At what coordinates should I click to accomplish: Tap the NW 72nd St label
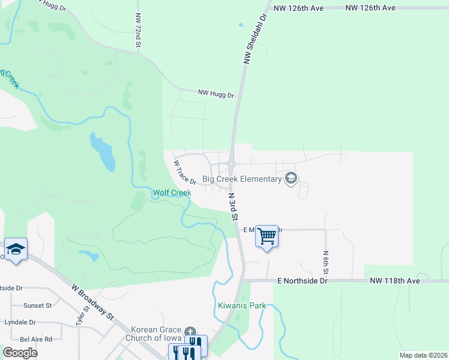[138, 31]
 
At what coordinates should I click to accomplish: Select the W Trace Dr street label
[185, 172]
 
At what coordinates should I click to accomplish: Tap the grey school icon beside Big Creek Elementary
[291, 178]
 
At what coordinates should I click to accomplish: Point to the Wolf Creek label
[172, 193]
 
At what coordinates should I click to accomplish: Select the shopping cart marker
[267, 236]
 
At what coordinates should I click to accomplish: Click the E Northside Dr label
[303, 280]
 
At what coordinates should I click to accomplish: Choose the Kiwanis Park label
[241, 305]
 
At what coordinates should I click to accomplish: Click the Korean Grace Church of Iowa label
[157, 334]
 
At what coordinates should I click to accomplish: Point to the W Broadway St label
[92, 301]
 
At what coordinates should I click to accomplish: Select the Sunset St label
[37, 305]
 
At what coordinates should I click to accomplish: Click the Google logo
[20, 352]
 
